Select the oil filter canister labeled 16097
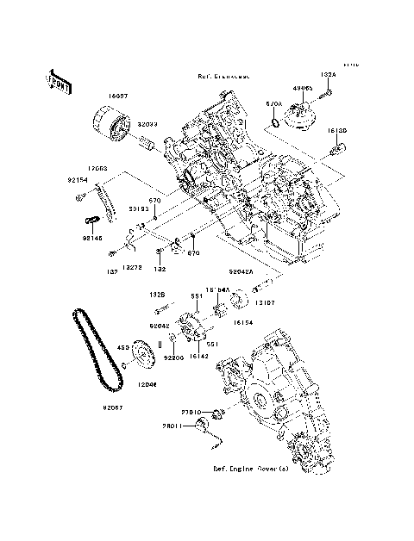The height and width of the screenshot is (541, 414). tap(111, 124)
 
